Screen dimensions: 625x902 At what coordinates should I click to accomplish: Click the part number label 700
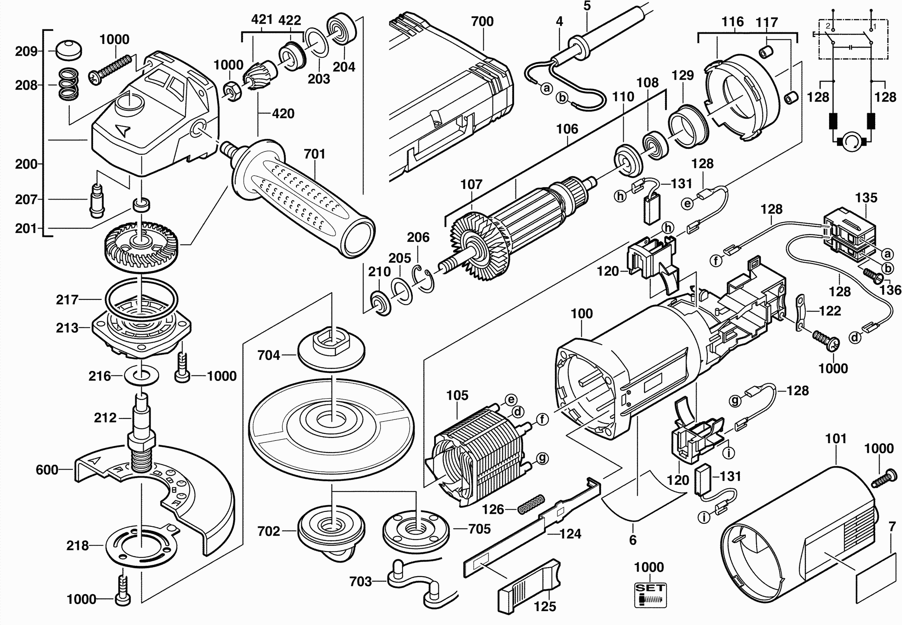coord(482,21)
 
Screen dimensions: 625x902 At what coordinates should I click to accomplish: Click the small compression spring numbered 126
coord(531,504)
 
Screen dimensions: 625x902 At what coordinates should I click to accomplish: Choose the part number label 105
coord(457,395)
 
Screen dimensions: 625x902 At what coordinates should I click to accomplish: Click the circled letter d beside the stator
coord(517,412)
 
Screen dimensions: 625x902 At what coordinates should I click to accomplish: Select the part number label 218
coord(77,545)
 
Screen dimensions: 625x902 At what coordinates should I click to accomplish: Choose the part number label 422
coord(290,20)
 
